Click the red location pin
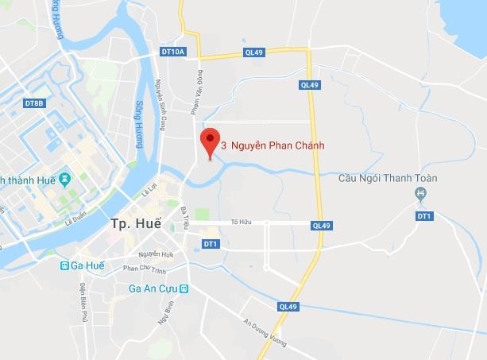pos(210,141)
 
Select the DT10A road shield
pos(172,52)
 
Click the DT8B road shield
pos(34,103)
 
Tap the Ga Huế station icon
pos(64,266)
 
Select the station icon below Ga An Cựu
pos(184,288)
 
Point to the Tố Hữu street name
pos(240,222)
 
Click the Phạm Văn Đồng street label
pos(195,94)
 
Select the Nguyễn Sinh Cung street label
pos(160,105)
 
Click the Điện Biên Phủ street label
pos(82,303)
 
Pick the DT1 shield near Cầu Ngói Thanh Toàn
pos(424,216)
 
